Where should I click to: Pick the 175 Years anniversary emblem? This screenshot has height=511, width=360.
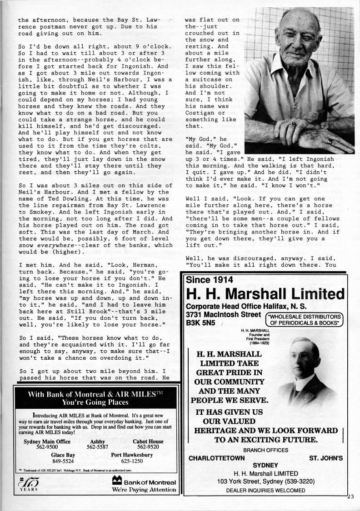(x=27, y=485)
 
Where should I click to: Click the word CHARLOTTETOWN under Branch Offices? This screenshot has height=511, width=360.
(x=216, y=458)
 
